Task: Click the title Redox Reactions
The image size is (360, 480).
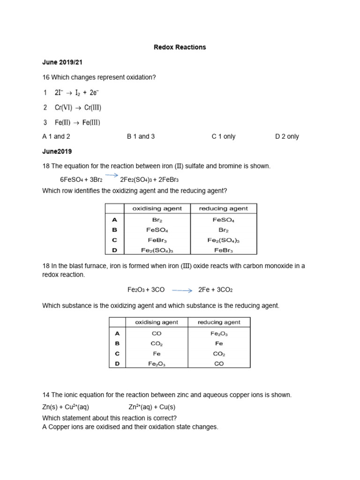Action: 180,47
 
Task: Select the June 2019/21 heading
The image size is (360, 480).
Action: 62,62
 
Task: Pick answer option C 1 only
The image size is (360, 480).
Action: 224,136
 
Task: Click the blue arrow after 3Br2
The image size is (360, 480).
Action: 111,176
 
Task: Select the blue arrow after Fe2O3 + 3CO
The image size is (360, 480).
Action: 182,290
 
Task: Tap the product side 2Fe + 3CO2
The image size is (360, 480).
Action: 218,290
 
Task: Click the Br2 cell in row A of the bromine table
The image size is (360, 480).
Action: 157,220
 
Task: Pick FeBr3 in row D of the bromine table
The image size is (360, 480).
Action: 223,251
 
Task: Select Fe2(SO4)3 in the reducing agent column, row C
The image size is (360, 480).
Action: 223,240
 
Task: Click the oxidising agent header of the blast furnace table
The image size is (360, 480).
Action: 157,322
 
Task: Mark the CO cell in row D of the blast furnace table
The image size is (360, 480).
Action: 219,364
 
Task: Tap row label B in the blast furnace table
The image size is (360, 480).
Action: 117,344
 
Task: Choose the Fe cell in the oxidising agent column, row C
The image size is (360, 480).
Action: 157,354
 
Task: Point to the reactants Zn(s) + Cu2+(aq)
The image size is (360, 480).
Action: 66,407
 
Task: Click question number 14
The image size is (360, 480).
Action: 46,395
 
